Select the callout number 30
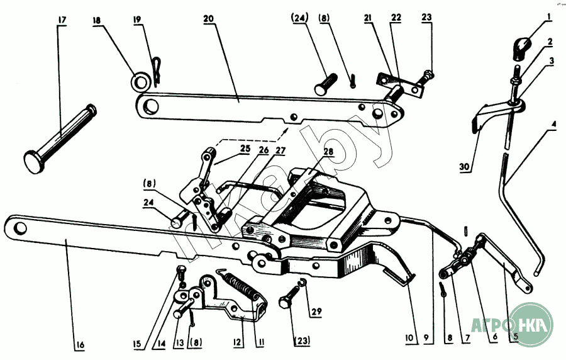(x=465, y=167)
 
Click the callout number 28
(x=328, y=152)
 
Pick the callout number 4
(x=553, y=125)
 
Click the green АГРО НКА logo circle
(x=531, y=324)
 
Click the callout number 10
(x=409, y=339)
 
